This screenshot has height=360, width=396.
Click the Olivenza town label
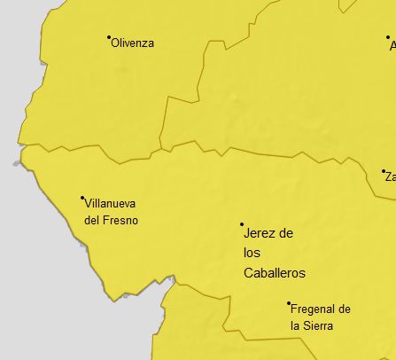(x=133, y=43)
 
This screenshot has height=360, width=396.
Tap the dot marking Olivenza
(x=109, y=37)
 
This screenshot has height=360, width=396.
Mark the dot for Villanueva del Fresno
(x=82, y=198)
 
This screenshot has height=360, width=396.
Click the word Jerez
(x=258, y=233)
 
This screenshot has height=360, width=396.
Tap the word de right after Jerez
(x=285, y=233)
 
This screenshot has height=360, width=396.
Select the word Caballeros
(x=274, y=273)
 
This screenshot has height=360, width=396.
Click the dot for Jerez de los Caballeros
(x=242, y=224)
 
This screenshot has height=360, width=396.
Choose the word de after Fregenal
(x=345, y=309)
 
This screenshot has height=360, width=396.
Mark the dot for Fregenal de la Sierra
(x=289, y=304)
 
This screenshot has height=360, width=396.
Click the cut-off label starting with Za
(x=390, y=177)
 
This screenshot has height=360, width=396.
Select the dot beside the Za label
(x=384, y=171)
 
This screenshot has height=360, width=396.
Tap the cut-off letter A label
(x=392, y=46)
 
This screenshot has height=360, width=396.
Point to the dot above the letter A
(x=388, y=38)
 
